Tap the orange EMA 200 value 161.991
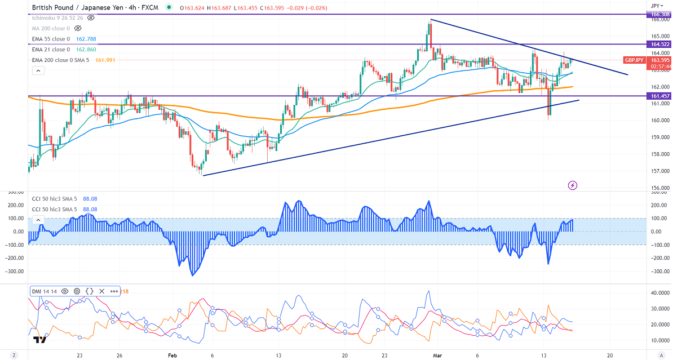[x=104, y=60]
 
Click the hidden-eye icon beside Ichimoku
[x=91, y=17]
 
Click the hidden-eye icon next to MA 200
[x=78, y=28]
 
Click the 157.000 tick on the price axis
[x=660, y=171]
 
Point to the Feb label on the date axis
[x=172, y=356]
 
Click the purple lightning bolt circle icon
[x=573, y=185]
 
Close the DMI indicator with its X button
[x=102, y=291]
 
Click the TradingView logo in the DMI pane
[x=39, y=340]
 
